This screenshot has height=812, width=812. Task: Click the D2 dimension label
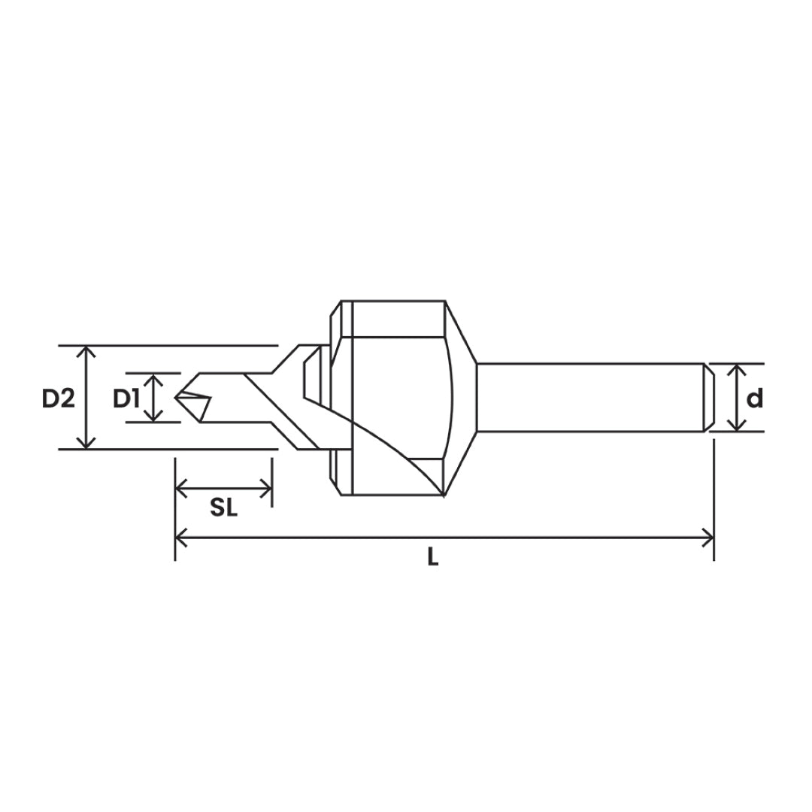point(58,398)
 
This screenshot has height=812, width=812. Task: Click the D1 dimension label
point(126,398)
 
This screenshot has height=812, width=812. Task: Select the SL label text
point(223,509)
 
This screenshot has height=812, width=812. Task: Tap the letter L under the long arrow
point(432,558)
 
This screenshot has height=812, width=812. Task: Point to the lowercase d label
point(754,398)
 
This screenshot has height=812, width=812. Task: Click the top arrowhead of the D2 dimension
point(88,351)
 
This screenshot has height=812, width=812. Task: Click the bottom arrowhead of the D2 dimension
point(88,444)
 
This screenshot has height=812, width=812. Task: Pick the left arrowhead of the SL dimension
point(180,489)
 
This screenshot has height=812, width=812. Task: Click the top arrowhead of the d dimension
point(737,369)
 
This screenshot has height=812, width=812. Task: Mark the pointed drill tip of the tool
point(177,396)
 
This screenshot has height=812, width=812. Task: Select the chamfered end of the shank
point(708,398)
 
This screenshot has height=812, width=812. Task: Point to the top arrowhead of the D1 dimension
point(153,378)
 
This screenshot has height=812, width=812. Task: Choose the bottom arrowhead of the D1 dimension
point(153,416)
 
